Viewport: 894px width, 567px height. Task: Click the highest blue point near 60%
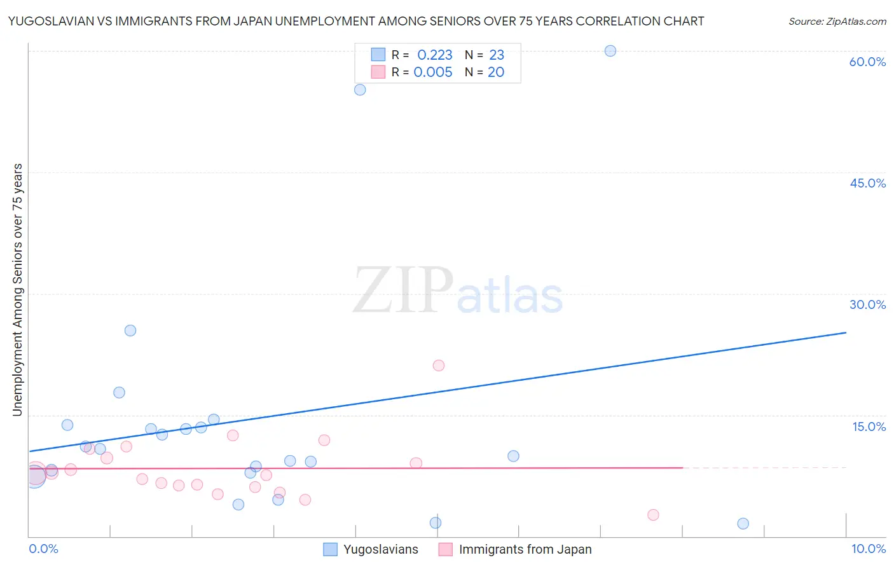click(x=610, y=51)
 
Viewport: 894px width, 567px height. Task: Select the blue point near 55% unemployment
click(x=360, y=90)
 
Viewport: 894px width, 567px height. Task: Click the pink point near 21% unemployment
click(x=439, y=365)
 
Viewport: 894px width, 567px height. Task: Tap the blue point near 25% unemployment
click(x=130, y=331)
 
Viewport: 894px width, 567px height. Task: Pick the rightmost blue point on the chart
click(x=743, y=524)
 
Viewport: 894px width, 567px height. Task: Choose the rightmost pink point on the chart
click(x=653, y=515)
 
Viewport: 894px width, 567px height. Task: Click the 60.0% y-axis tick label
click(x=867, y=62)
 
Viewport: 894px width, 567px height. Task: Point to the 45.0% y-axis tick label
click(x=867, y=183)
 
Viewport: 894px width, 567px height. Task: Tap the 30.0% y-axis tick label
click(x=867, y=304)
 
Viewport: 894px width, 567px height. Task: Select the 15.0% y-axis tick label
click(x=869, y=427)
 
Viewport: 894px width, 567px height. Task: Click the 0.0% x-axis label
click(x=44, y=549)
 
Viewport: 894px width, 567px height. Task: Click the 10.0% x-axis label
click(x=868, y=549)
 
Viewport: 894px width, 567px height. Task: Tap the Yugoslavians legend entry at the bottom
click(x=380, y=550)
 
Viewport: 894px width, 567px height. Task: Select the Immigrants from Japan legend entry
click(x=525, y=550)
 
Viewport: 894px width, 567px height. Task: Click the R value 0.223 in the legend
click(x=434, y=55)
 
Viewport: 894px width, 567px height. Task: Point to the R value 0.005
click(x=433, y=72)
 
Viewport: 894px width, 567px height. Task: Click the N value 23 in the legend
click(x=497, y=55)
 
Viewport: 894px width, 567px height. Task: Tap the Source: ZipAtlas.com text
click(x=837, y=22)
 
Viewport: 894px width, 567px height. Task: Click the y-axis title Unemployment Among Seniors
click(x=17, y=290)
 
